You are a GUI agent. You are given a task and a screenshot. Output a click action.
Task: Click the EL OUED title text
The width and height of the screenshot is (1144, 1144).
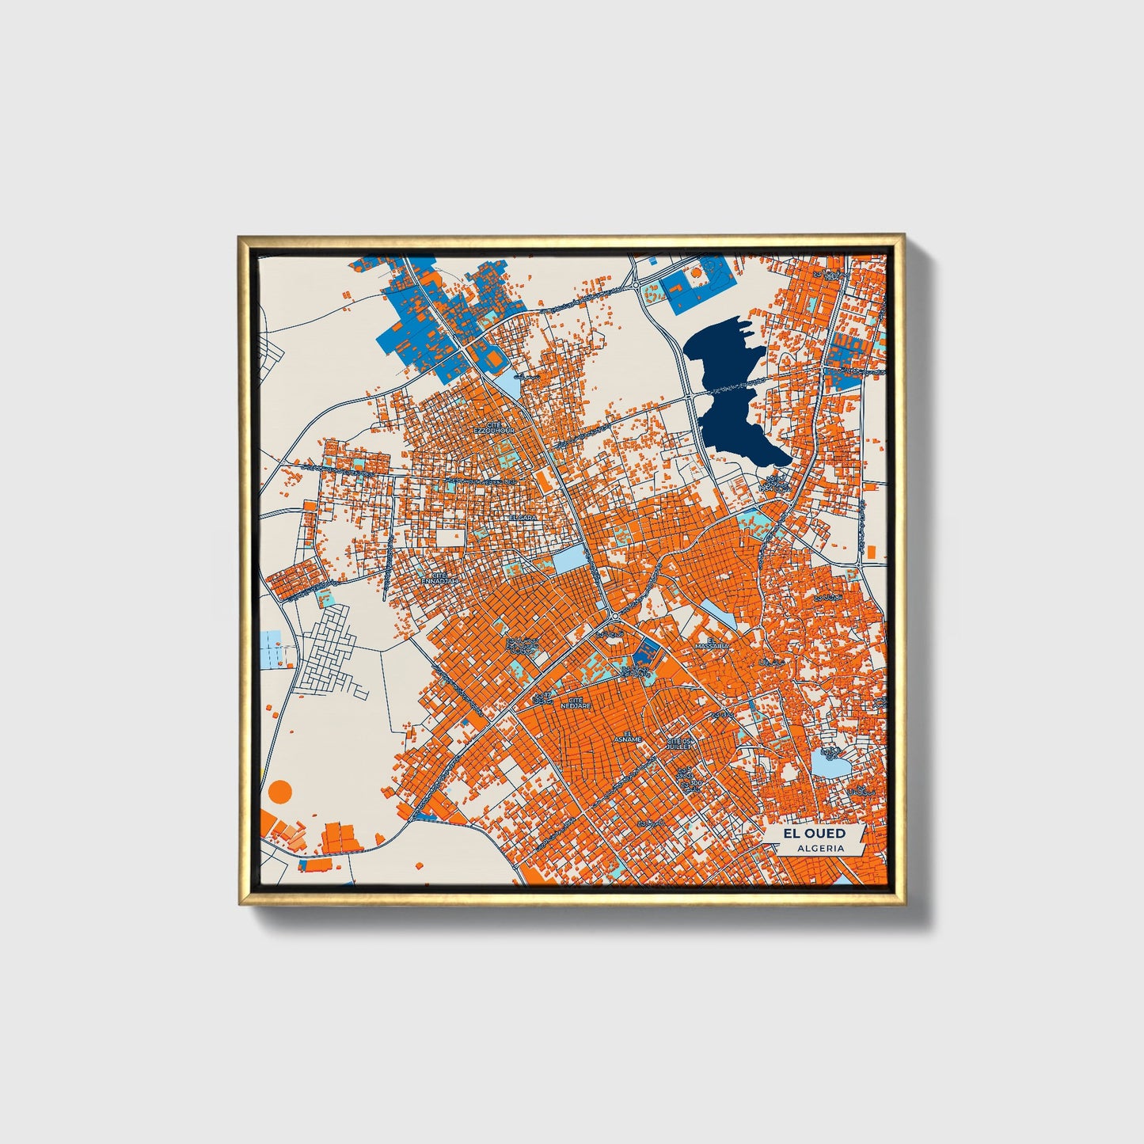[814, 833]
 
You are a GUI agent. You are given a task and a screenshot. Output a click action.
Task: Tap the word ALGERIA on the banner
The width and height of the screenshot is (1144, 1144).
[820, 848]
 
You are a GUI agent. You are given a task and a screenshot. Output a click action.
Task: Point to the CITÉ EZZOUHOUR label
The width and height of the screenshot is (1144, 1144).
[494, 428]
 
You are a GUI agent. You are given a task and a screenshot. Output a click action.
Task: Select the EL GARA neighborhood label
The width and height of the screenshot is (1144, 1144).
[523, 517]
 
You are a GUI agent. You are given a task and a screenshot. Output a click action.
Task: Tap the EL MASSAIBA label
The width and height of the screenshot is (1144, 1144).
[711, 643]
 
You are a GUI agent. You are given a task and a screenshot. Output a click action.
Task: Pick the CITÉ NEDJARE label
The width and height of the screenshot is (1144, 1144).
[576, 702]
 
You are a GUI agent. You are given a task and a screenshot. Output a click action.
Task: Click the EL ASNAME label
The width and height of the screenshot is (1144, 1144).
[632, 736]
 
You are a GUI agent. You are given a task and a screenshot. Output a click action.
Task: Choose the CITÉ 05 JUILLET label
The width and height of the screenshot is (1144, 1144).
[679, 743]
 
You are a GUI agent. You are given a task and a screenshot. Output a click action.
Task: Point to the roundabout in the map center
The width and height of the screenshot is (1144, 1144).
[614, 615]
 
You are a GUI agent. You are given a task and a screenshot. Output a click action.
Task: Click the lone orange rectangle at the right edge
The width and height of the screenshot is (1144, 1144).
[871, 551]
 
